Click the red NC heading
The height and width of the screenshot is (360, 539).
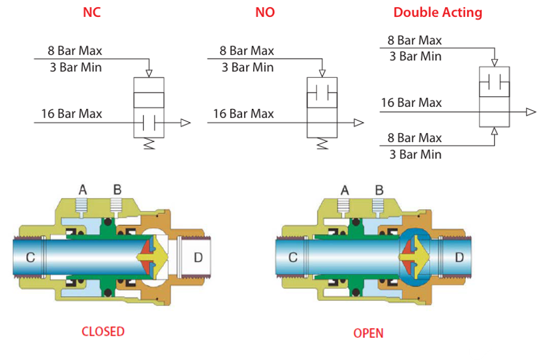92,12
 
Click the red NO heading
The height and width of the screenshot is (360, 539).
265,12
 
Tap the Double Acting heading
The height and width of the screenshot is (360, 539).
438,12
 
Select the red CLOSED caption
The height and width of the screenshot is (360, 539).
103,331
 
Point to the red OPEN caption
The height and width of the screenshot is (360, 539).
368,333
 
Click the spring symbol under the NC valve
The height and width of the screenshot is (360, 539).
149,143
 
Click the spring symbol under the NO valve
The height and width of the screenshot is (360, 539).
322,143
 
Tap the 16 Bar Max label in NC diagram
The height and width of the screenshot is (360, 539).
72,113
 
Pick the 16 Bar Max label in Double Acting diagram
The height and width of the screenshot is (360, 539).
411,102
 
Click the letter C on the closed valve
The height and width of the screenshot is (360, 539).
30,258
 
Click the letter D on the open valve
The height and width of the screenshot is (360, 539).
459,258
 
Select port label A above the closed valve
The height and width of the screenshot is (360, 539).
83,190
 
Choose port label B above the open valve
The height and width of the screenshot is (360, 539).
379,190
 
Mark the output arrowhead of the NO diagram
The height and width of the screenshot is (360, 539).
358,123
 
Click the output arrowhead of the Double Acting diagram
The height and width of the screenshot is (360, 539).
531,112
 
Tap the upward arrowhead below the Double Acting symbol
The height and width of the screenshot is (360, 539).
495,131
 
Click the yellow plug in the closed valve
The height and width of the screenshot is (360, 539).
154,257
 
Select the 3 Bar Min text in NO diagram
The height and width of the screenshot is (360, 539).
247,67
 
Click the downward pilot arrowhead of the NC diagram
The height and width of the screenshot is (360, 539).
149,73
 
